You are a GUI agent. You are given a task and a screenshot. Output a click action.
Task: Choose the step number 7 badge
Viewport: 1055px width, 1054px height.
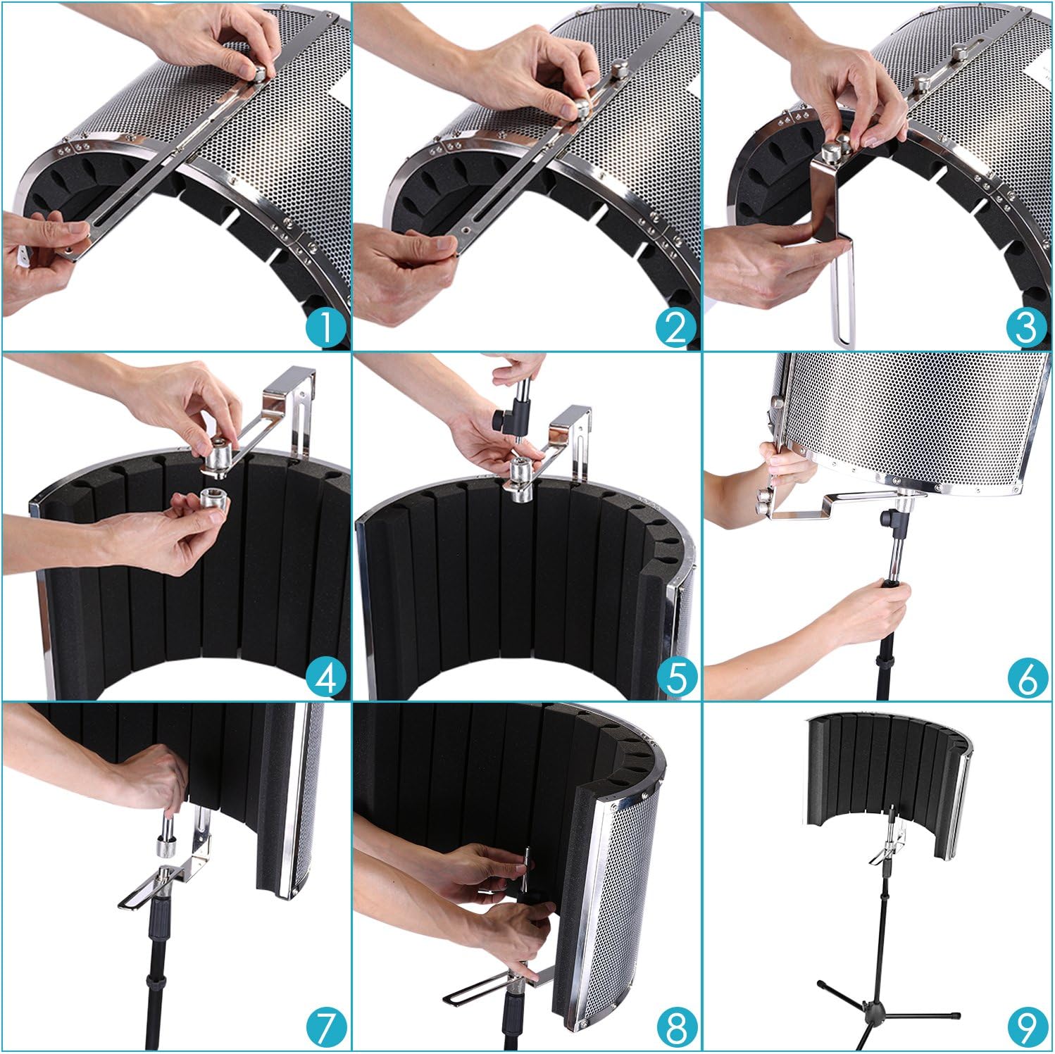(x=326, y=1027)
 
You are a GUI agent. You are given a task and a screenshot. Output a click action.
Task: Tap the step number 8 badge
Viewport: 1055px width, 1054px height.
(x=675, y=1027)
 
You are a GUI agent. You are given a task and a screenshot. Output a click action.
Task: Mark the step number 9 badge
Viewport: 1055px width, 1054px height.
(x=1025, y=1027)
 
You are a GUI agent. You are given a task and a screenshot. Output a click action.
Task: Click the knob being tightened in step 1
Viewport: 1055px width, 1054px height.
(x=259, y=73)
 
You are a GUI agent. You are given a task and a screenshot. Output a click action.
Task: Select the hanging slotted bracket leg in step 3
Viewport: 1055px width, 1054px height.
(x=845, y=296)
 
